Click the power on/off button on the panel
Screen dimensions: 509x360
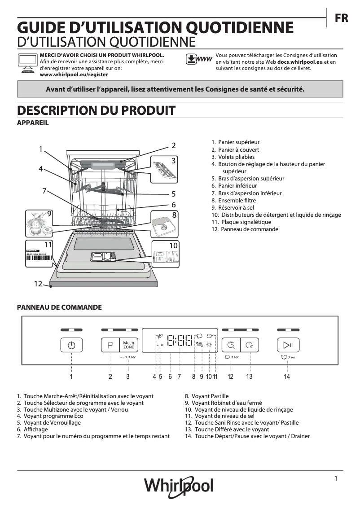click(72, 345)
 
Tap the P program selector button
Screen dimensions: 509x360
click(110, 345)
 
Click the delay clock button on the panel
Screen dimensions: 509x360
click(249, 345)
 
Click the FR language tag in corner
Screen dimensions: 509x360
click(341, 18)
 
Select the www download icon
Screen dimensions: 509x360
click(199, 59)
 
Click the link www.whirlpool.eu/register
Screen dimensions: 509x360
click(74, 75)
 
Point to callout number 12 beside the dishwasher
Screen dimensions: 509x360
click(38, 284)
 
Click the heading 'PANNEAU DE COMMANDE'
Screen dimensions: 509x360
click(59, 307)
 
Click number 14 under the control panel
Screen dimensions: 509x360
click(287, 377)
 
